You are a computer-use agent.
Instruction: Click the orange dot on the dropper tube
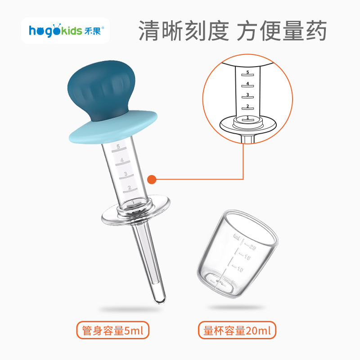tap(152, 179)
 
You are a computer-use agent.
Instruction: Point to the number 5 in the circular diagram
tap(247, 72)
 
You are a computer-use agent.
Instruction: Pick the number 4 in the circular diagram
tap(247, 83)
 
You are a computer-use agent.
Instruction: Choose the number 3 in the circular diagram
tap(247, 94)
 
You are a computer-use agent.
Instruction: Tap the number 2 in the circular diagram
tap(247, 106)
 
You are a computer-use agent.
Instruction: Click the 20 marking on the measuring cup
tap(252, 247)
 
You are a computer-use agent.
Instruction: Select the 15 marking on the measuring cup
tap(247, 257)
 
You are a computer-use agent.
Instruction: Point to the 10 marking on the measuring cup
tap(240, 269)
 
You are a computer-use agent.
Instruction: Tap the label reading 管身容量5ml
tap(113, 330)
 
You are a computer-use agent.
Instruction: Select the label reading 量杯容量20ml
tap(237, 330)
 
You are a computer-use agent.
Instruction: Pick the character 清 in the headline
tap(150, 31)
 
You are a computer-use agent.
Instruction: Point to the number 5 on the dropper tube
tap(118, 146)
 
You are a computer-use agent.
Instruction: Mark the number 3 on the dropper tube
tap(126, 174)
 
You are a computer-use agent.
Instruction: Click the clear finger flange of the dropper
tap(136, 210)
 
